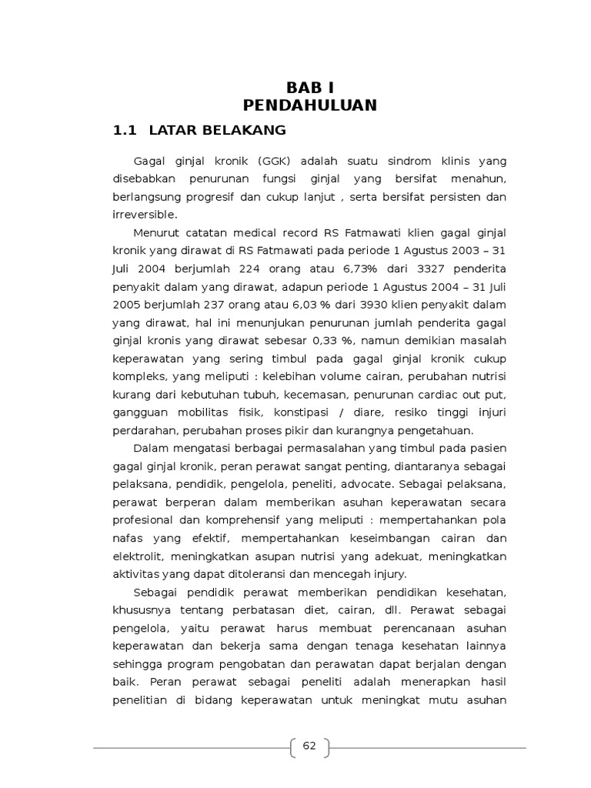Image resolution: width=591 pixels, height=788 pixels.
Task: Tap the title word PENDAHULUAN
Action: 309,105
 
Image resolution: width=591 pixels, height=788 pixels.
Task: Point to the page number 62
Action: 309,746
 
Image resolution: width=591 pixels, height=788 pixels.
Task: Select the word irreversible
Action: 144,214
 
